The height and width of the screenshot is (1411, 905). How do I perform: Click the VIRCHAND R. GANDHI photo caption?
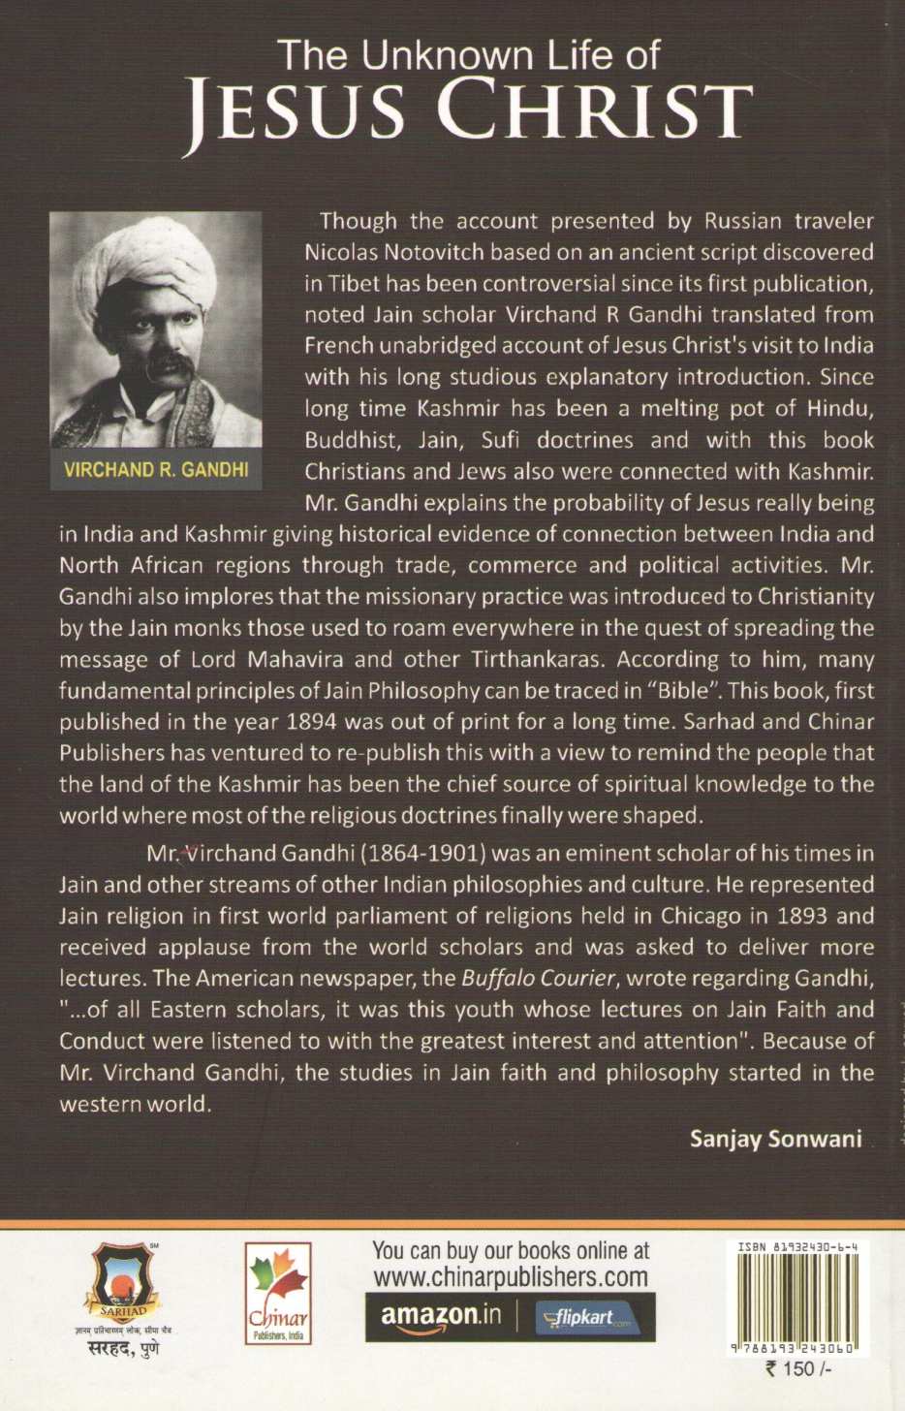coord(156,470)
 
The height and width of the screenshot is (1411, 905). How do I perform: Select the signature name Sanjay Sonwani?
coord(775,1139)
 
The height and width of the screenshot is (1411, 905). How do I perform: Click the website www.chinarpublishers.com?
coord(511,1276)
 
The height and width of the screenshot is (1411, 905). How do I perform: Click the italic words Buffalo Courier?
coord(538,979)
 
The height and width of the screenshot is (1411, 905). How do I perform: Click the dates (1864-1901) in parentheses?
coord(423,854)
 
